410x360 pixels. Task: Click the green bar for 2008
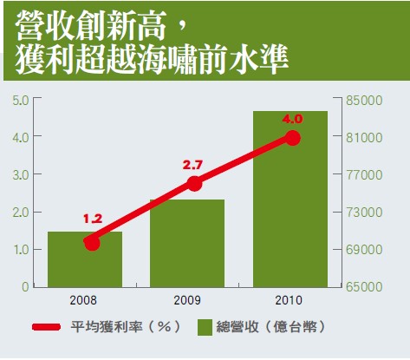point(85,259)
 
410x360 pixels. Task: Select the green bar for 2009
point(187,243)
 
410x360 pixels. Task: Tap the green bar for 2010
point(290,199)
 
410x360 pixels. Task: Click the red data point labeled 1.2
point(92,242)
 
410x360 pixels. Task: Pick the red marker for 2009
point(194,183)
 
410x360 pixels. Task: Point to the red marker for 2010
point(293,138)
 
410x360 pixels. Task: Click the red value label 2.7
point(192,166)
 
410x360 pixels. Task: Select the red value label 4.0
point(292,119)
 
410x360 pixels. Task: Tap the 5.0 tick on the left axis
point(21,101)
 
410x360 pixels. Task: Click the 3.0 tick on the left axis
point(21,175)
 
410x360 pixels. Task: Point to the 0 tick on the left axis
point(25,286)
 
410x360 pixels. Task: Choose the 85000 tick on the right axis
point(364,101)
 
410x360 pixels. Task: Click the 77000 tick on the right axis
point(364,175)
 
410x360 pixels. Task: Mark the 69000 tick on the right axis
point(364,250)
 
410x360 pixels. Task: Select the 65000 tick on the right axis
point(364,286)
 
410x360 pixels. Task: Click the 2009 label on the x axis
point(187,300)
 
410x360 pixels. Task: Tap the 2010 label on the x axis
point(289,300)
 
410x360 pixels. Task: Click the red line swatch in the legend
point(46,327)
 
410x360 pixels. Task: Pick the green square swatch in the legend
point(205,328)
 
